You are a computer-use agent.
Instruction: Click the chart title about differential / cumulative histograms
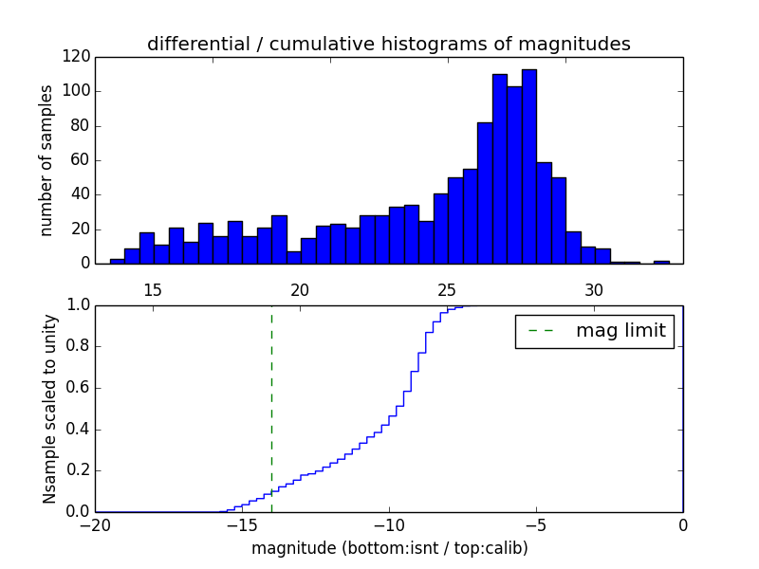coord(388,45)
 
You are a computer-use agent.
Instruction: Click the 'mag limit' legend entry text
coord(620,332)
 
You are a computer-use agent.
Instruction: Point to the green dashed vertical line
coord(271,408)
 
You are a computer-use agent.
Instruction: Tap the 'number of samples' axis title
coord(46,160)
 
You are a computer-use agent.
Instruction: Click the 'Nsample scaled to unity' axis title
coord(49,409)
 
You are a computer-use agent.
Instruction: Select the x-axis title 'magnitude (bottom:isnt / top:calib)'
coord(389,548)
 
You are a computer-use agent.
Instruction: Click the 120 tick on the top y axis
coord(78,57)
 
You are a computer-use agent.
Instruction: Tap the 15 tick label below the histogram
coord(153,289)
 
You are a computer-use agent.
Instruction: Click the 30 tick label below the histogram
coord(594,289)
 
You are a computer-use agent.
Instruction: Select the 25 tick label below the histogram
coord(447,289)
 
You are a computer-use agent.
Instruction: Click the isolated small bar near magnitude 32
coord(661,262)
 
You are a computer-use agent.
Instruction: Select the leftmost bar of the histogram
coord(117,261)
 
